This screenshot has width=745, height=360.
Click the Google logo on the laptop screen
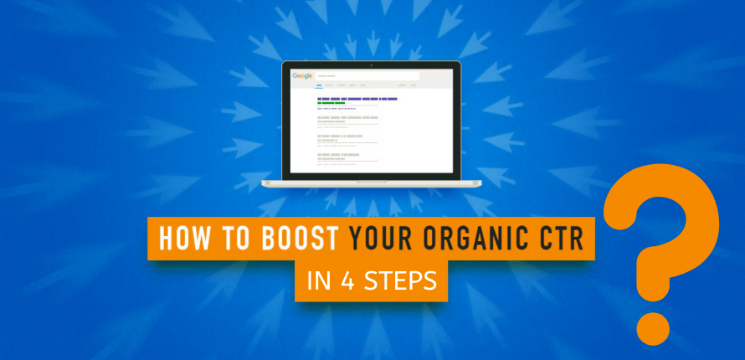pyautogui.click(x=302, y=75)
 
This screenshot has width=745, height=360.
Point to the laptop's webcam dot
pyautogui.click(x=372, y=64)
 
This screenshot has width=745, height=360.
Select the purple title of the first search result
pyautogui.click(x=357, y=99)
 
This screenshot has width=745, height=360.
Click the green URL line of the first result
pyautogui.click(x=331, y=103)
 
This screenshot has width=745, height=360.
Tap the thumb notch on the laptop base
pyautogui.click(x=372, y=180)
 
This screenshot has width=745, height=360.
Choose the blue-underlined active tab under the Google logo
pyautogui.click(x=319, y=85)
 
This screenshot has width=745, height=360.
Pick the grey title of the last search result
pyautogui.click(x=338, y=155)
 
